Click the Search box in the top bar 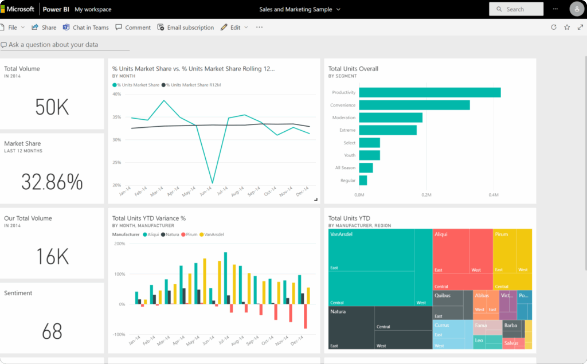tap(516, 9)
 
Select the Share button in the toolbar tap(44, 28)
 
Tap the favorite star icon tap(567, 27)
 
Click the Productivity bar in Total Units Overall tap(430, 92)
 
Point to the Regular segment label tap(347, 181)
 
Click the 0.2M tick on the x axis tap(426, 195)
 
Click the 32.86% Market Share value tap(52, 182)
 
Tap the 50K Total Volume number tap(52, 107)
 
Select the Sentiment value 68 tap(52, 331)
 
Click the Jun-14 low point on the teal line tap(213, 183)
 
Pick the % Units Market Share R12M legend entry tap(193, 85)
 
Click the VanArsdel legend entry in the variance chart tap(213, 234)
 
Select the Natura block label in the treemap tap(338, 311)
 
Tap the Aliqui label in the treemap tap(441, 234)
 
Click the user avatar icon tap(577, 9)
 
